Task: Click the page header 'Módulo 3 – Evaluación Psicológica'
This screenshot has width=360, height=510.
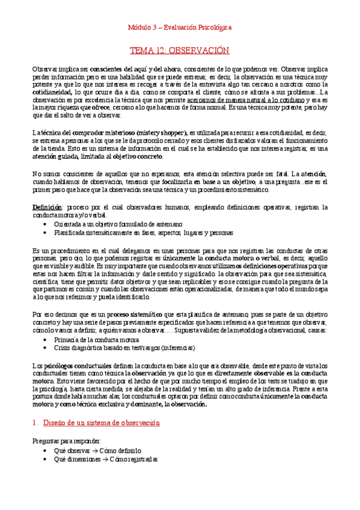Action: coord(180,27)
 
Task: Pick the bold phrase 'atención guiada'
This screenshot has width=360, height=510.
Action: coord(56,156)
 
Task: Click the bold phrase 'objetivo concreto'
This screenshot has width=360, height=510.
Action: coord(137,156)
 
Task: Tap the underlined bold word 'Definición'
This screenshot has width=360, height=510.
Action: coord(46,207)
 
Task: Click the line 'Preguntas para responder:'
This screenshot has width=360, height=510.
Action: coord(67,441)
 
